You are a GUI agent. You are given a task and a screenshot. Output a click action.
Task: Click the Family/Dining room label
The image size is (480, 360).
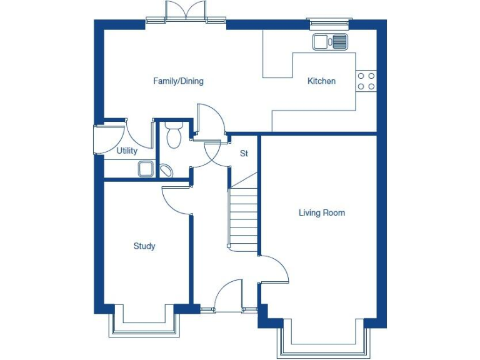(x=178, y=81)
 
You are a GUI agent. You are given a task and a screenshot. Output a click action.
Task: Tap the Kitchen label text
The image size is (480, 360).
(x=321, y=81)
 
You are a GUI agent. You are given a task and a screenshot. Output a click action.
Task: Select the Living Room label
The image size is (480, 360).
(x=321, y=213)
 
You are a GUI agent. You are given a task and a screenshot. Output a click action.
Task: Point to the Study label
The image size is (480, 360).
(x=144, y=246)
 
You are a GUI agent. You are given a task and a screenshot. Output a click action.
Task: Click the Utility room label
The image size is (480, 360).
(x=127, y=151)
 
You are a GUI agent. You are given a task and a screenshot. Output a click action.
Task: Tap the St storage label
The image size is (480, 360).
(x=244, y=153)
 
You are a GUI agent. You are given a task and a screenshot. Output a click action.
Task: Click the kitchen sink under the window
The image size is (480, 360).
(x=330, y=42)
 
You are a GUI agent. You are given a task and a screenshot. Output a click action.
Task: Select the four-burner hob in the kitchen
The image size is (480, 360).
(x=366, y=81)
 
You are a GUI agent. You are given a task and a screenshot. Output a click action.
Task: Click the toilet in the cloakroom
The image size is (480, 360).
(x=173, y=135)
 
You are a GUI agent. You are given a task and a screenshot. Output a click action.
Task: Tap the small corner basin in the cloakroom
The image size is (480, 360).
(x=167, y=171)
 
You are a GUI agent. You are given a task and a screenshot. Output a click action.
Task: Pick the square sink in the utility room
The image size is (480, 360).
(x=146, y=168)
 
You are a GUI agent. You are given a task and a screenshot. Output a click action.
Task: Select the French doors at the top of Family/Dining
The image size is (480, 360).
(x=186, y=12)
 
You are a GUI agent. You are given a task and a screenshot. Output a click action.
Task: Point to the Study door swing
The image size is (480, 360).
(x=175, y=200)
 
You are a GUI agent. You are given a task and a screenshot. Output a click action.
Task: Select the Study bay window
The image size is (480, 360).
(x=144, y=325)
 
